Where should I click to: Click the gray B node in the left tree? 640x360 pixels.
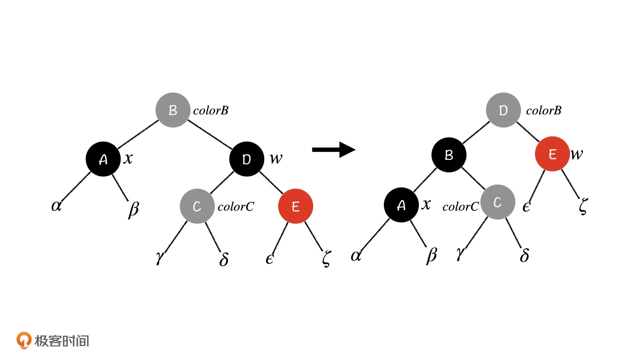(x=173, y=110)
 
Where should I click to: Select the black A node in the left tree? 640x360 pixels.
(x=103, y=159)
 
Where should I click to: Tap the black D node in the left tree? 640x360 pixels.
(x=247, y=159)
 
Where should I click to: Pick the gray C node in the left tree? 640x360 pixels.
(x=197, y=206)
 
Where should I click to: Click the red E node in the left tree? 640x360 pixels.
(x=295, y=206)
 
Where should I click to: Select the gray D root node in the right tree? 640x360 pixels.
(x=503, y=110)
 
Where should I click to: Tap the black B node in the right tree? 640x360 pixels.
(x=449, y=155)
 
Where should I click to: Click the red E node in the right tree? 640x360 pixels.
(x=552, y=154)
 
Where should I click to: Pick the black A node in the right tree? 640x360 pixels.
(x=401, y=205)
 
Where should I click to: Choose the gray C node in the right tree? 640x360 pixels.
(x=498, y=202)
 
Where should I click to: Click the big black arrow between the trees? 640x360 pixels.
(x=333, y=150)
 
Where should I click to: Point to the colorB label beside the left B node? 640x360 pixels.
(x=211, y=110)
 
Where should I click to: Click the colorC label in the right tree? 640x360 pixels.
(x=460, y=207)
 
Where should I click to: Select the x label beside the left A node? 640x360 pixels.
(x=128, y=158)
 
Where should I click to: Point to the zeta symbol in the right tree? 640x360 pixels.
(x=583, y=206)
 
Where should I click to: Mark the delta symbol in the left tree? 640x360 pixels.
(x=224, y=259)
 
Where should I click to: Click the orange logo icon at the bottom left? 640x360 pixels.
(x=24, y=340)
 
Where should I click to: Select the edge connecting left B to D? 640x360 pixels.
(x=210, y=134)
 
